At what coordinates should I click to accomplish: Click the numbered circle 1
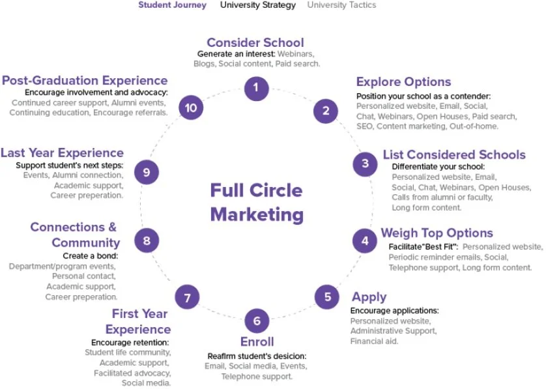[x=257, y=87]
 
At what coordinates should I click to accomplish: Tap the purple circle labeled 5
[x=327, y=297]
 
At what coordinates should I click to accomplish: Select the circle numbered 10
[x=191, y=108]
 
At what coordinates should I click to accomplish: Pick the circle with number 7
[x=187, y=298]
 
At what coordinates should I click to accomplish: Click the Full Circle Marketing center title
[x=256, y=202]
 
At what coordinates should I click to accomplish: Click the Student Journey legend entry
[x=172, y=5]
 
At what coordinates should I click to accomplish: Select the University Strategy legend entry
[x=257, y=5]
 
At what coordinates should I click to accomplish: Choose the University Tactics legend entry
[x=341, y=5]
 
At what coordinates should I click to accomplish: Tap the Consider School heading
[x=255, y=43]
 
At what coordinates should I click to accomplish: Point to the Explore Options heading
[x=403, y=82]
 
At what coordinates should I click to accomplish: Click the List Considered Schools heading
[x=453, y=155]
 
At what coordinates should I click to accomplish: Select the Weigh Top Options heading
[x=437, y=233]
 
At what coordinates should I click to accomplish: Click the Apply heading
[x=369, y=297]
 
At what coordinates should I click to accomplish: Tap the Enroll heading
[x=257, y=341]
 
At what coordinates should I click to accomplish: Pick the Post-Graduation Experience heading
[x=85, y=81]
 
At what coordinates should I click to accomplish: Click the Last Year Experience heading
[x=62, y=153]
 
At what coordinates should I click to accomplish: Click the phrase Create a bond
[x=91, y=255]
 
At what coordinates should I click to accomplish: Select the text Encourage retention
[x=130, y=342]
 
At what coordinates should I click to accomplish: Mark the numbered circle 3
[x=365, y=164]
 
